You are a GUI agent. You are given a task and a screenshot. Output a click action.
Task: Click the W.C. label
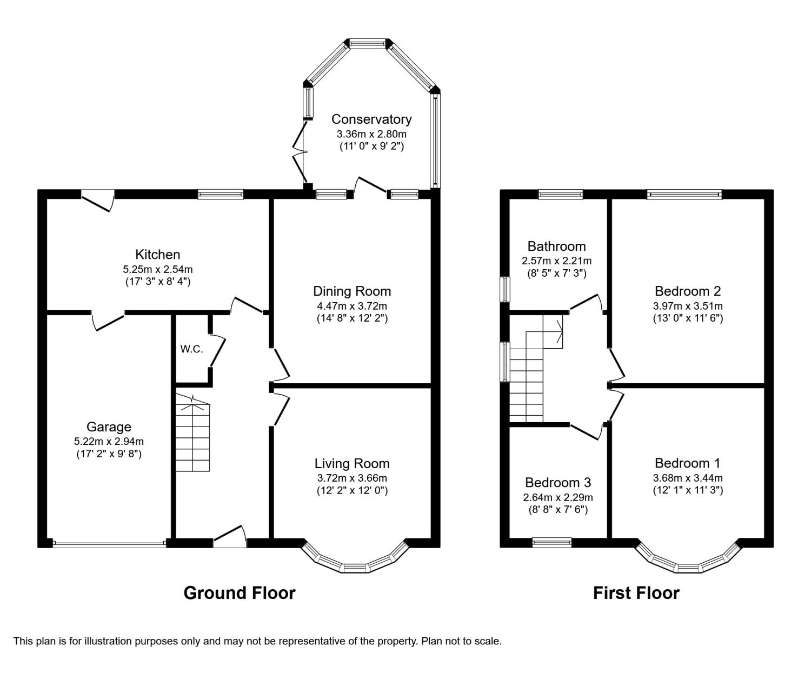tap(191, 349)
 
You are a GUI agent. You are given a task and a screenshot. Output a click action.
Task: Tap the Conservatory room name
tap(371, 119)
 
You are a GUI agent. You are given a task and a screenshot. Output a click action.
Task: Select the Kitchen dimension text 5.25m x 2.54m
tap(158, 269)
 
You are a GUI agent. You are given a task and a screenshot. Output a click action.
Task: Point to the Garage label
tap(109, 427)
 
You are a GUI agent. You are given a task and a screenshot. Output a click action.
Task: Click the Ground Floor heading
tap(240, 592)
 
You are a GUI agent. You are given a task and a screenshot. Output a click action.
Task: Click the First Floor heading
tap(636, 592)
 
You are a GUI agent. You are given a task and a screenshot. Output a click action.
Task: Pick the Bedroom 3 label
tap(558, 482)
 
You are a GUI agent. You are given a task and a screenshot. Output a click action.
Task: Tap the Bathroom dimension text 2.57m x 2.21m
tap(556, 261)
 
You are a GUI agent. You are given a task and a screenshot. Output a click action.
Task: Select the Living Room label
tap(352, 463)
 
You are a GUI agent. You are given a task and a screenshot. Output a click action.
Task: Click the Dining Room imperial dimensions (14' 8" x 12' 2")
tap(352, 318)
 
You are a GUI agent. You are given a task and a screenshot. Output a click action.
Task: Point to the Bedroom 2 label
tap(688, 291)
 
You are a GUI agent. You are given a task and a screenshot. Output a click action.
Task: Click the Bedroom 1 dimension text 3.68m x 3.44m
tap(688, 478)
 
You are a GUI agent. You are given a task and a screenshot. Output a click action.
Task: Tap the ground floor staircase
tap(192, 434)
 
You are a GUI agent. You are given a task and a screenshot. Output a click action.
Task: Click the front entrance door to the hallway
tap(230, 537)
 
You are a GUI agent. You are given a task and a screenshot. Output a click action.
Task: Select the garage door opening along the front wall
tap(109, 544)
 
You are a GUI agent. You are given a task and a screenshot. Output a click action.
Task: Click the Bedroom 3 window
tap(552, 542)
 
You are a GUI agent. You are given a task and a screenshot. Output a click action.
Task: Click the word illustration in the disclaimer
tap(108, 641)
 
